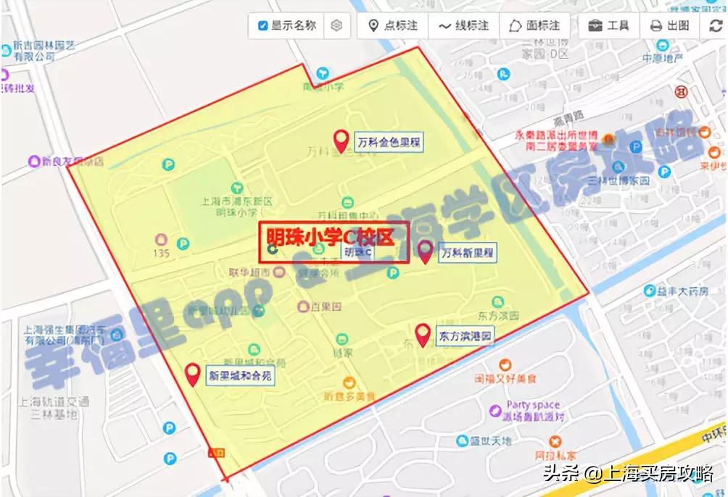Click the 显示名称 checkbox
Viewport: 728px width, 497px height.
(x=262, y=26)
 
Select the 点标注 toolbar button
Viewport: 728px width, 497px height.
(x=393, y=26)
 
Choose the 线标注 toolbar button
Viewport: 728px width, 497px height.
(x=463, y=26)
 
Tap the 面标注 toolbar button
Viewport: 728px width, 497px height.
(x=534, y=26)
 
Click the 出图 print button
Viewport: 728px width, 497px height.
(x=669, y=26)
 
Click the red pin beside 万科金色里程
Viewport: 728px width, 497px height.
(x=340, y=140)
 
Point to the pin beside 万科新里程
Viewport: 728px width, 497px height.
(x=426, y=251)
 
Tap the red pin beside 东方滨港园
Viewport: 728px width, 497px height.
(x=423, y=335)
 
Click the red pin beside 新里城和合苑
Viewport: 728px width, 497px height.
(x=193, y=374)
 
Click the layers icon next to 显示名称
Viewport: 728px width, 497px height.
(x=336, y=26)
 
